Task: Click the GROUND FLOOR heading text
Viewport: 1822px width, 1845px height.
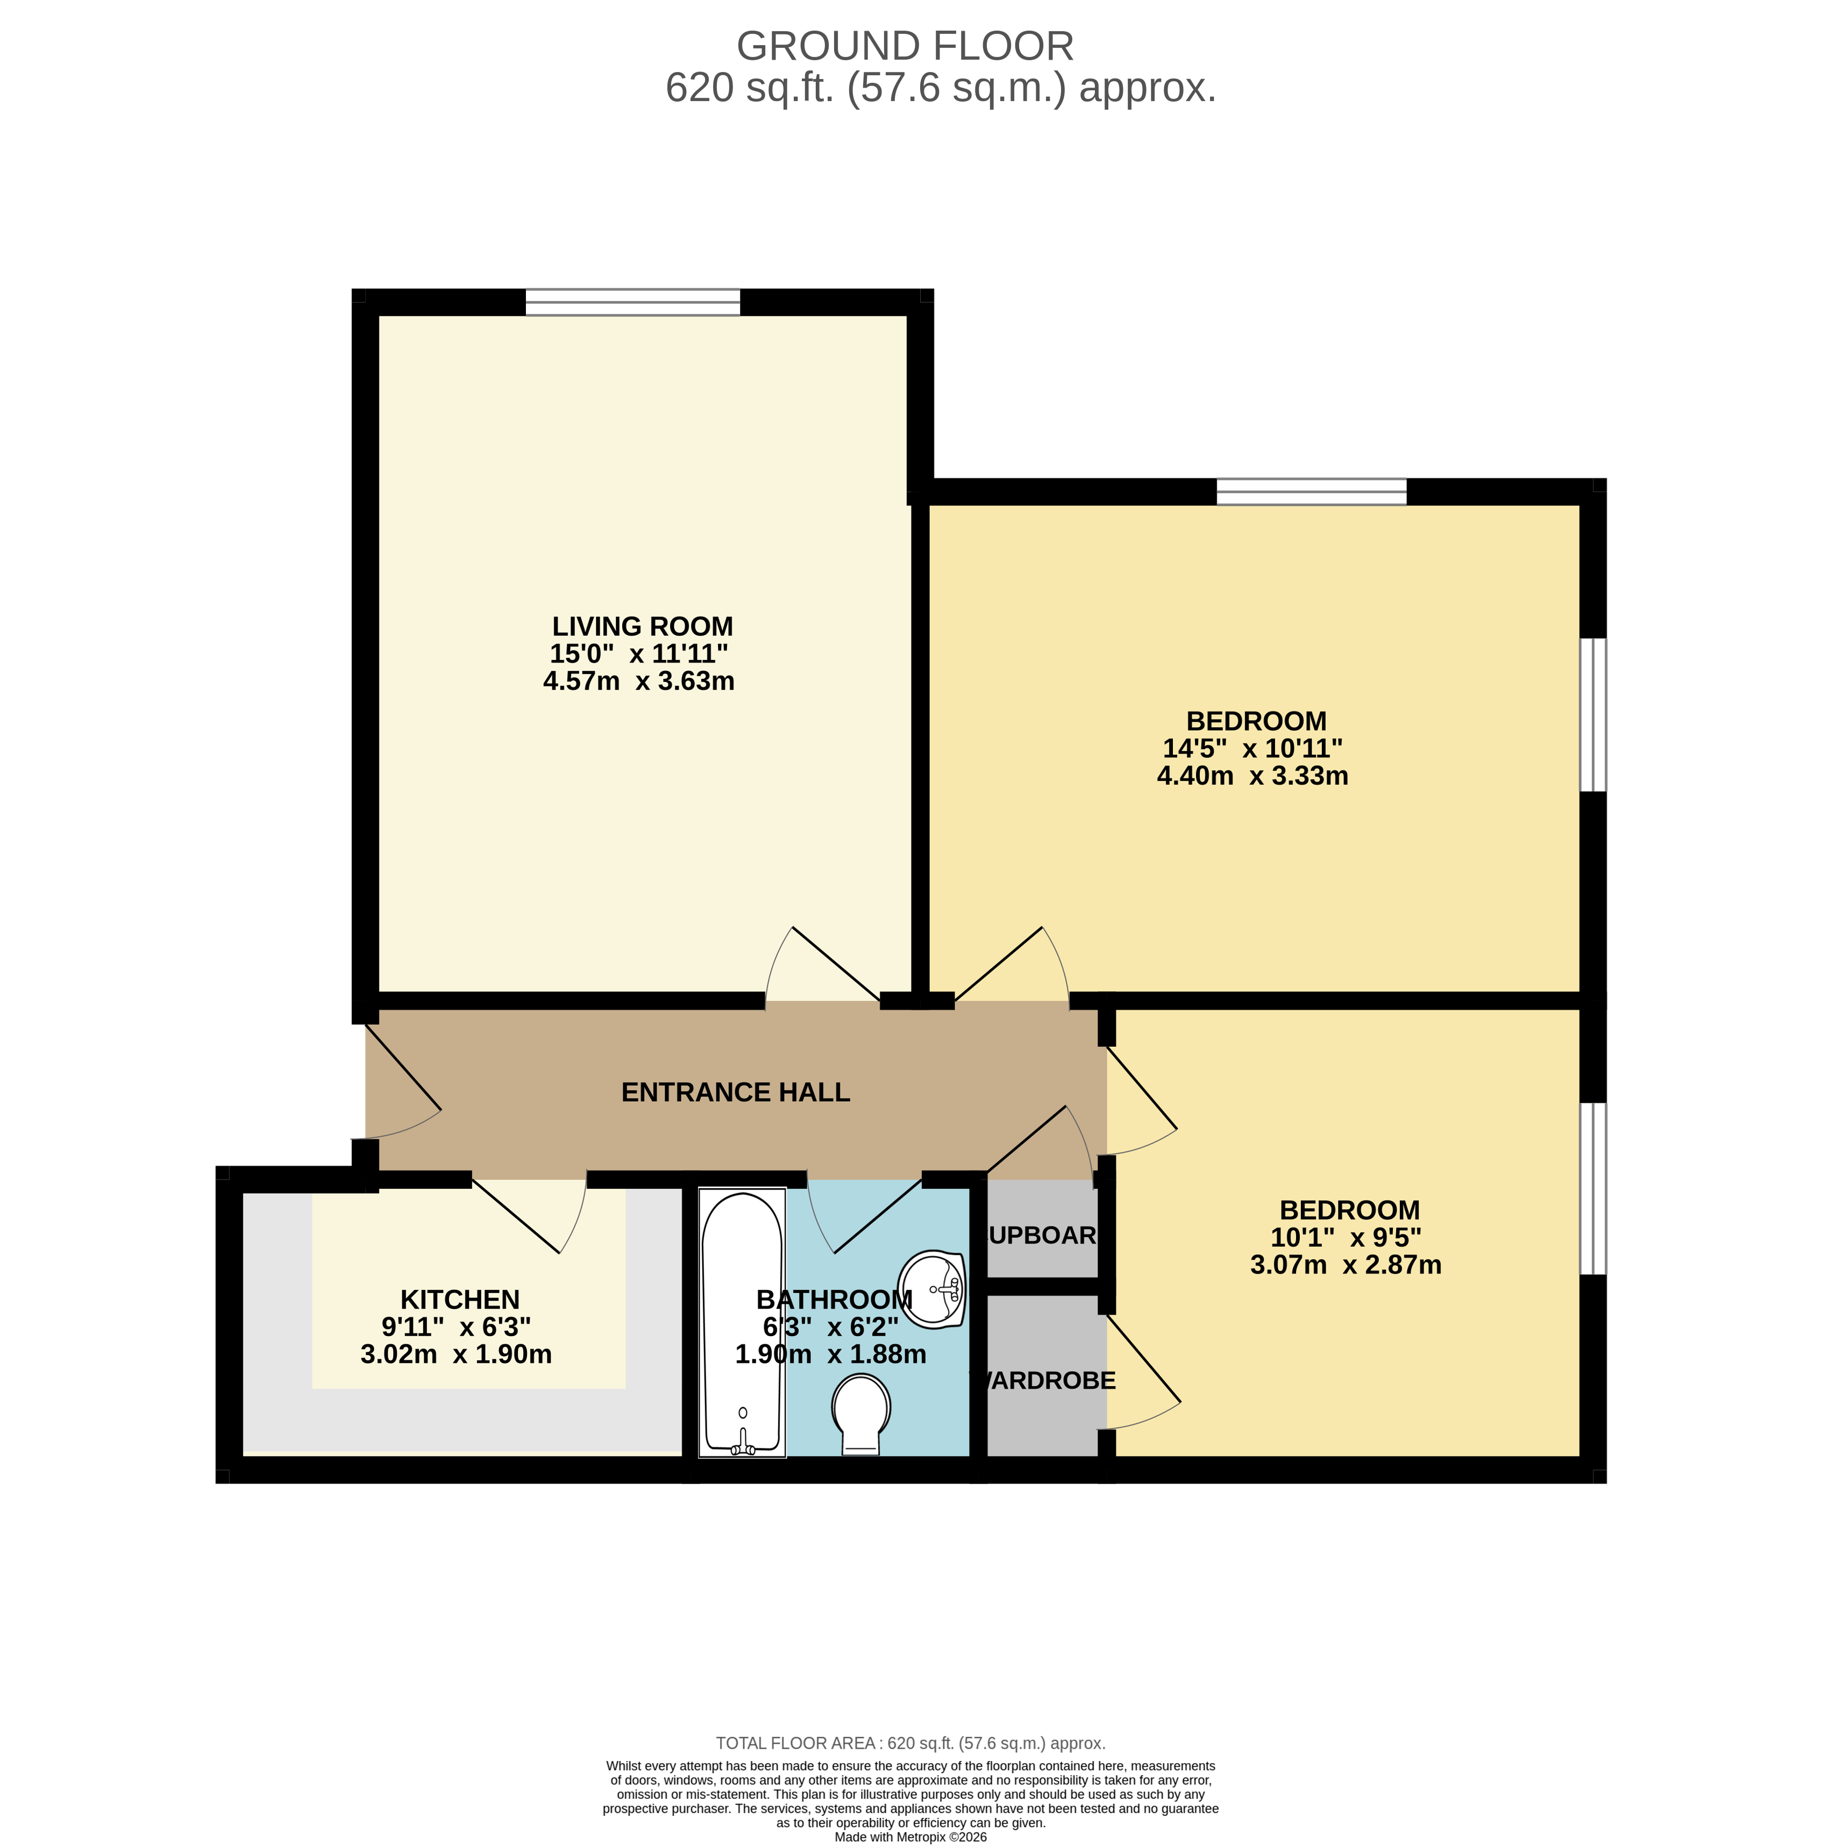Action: (905, 46)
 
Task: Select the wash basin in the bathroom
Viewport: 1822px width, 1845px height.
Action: (931, 1289)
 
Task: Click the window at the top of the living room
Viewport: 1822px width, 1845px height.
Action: (632, 302)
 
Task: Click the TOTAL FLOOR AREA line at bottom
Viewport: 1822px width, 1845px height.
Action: (910, 1743)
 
